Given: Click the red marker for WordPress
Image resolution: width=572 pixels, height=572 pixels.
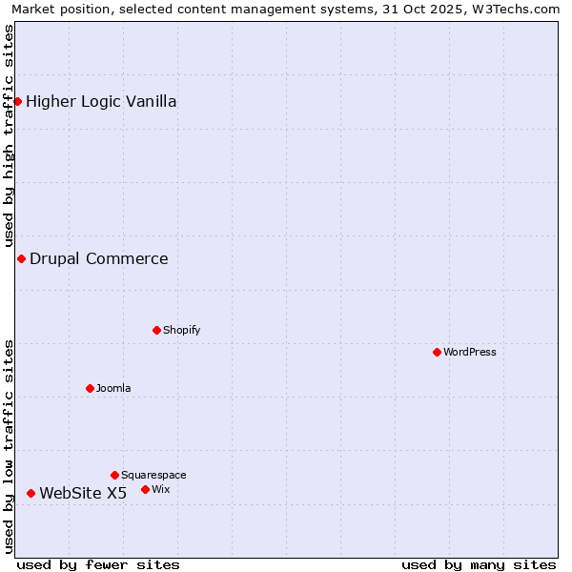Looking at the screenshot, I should [437, 352].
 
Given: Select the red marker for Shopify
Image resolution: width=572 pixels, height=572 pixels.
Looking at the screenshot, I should [156, 330].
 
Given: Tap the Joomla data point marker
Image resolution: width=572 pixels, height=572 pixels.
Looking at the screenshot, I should [90, 388].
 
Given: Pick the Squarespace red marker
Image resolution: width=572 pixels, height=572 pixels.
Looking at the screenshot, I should [114, 475].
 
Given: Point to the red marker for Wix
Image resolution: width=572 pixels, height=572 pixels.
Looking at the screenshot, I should [145, 489].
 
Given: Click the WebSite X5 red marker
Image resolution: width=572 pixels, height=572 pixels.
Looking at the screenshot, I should [31, 493].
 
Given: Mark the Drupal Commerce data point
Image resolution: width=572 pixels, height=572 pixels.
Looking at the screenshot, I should [21, 258].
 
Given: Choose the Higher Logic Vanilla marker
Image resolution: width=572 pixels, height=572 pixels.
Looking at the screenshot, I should [17, 101].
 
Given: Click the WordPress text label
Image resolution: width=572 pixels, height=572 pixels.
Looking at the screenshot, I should [470, 352].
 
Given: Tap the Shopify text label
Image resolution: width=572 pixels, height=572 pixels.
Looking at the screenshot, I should [181, 330].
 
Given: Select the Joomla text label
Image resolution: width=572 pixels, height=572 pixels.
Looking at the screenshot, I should [113, 388].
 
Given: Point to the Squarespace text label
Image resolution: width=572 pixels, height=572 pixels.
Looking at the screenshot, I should [153, 475].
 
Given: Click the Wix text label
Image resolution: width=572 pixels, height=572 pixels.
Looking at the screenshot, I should [161, 489].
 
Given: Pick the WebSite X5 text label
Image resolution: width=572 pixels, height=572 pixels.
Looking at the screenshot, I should [83, 493].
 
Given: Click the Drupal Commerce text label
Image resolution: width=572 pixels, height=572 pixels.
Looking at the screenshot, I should [99, 258].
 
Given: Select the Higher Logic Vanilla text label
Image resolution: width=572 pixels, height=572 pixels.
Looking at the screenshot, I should [101, 101].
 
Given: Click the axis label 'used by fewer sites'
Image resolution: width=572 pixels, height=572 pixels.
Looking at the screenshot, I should [98, 564].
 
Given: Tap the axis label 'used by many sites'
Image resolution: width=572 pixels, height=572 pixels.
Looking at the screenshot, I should [479, 564].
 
